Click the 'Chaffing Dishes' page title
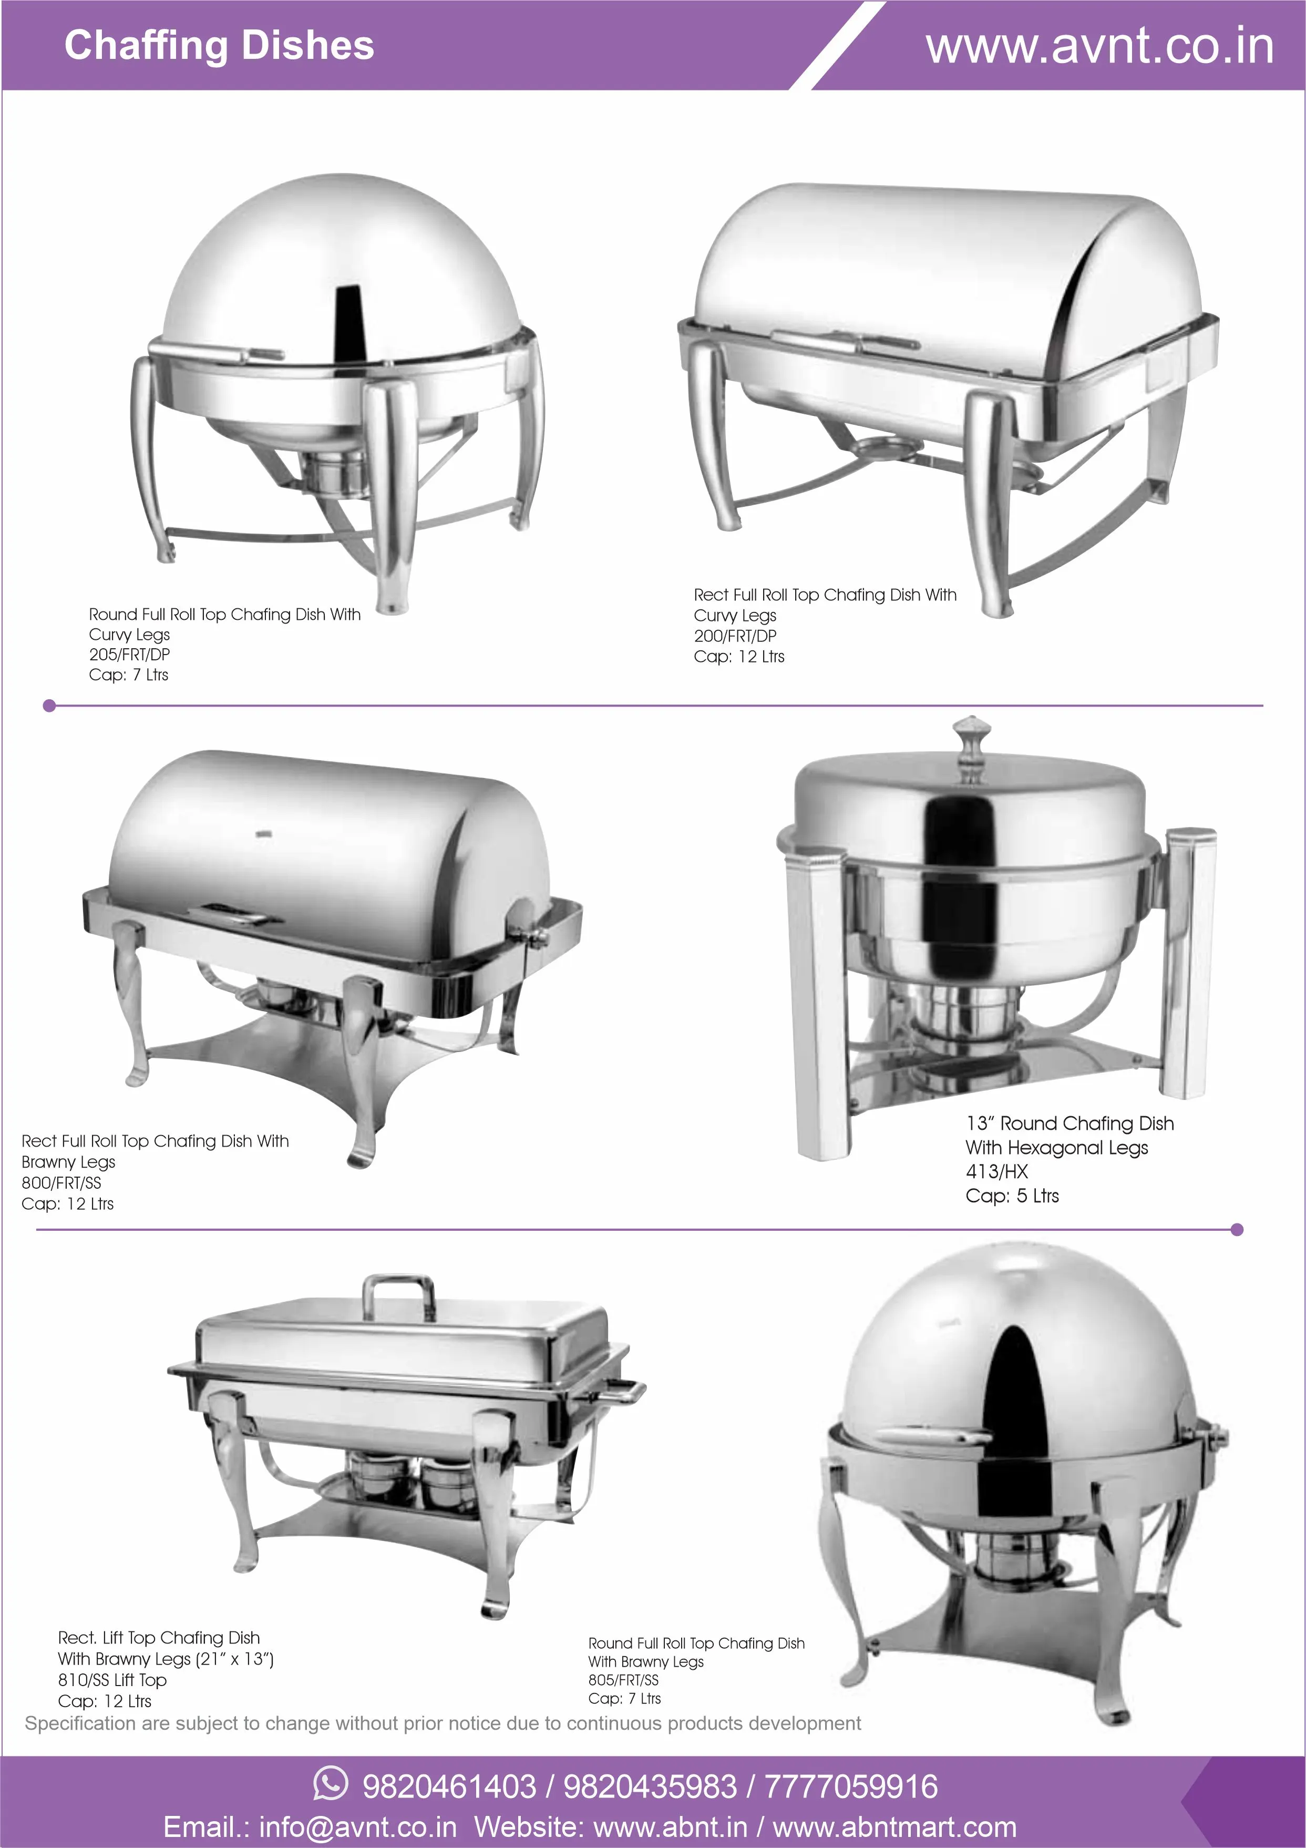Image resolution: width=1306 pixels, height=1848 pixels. [x=219, y=45]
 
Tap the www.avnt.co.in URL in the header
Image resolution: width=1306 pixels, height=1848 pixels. [x=1099, y=47]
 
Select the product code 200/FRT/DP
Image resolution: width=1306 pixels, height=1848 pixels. [x=735, y=636]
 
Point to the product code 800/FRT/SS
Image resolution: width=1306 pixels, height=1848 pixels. [x=61, y=1182]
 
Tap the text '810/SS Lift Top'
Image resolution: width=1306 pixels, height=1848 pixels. [x=112, y=1680]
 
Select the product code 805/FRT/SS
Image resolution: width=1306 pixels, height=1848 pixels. [x=623, y=1680]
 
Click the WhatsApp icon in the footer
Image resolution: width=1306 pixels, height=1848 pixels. [x=331, y=1783]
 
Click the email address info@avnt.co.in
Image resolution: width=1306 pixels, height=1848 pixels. [x=357, y=1826]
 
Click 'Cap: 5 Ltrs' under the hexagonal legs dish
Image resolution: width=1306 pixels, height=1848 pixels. [x=1012, y=1195]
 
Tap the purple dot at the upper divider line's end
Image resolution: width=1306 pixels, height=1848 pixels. [x=49, y=706]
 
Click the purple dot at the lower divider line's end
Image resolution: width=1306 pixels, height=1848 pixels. [x=1238, y=1229]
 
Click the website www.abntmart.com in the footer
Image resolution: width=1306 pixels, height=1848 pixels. [x=894, y=1826]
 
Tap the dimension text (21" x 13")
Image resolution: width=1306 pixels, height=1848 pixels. [x=234, y=1659]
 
